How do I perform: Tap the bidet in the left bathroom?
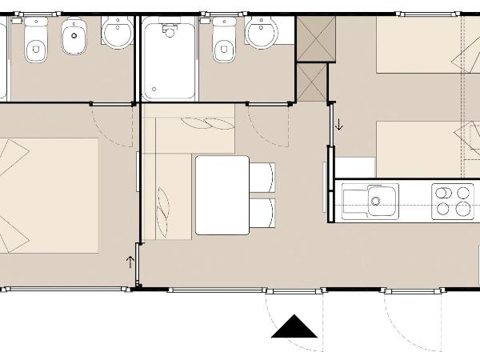pyautogui.click(x=74, y=38)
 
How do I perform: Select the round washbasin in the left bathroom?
pyautogui.click(x=118, y=34)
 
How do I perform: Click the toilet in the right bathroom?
pyautogui.click(x=224, y=40)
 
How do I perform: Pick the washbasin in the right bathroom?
pyautogui.click(x=261, y=34)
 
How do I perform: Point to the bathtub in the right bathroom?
pyautogui.click(x=169, y=59)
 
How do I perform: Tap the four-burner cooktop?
pyautogui.click(x=452, y=201)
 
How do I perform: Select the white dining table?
pyautogui.click(x=222, y=194)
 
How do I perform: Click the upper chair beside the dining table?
pyautogui.click(x=262, y=177)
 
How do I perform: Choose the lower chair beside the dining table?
pyautogui.click(x=262, y=214)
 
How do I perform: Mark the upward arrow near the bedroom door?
pyautogui.click(x=130, y=261)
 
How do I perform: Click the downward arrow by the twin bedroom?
pyautogui.click(x=338, y=124)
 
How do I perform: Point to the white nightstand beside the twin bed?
pyautogui.click(x=354, y=167)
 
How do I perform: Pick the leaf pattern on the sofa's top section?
pyautogui.click(x=198, y=124)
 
